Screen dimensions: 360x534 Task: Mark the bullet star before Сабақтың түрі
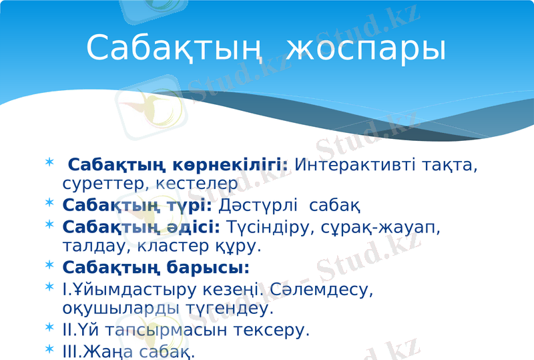(50, 202)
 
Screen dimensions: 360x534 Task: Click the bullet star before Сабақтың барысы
(50, 267)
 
